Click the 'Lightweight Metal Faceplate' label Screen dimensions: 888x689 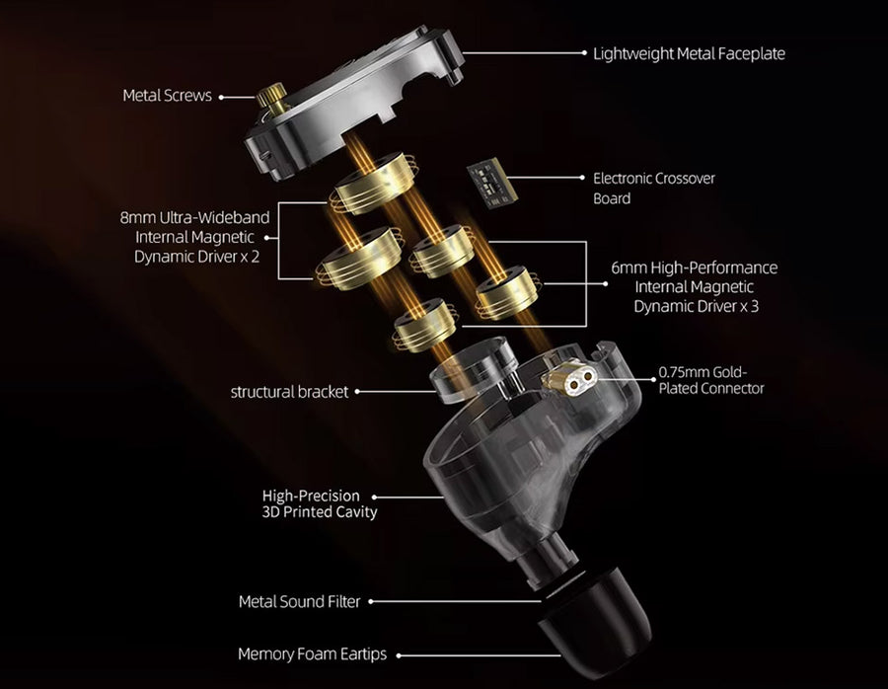(689, 54)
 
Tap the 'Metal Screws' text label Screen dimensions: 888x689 (167, 95)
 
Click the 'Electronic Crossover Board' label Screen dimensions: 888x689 (653, 189)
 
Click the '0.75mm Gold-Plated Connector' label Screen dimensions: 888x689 (711, 380)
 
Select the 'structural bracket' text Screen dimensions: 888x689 (289, 392)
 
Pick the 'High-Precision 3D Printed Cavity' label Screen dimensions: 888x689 (320, 504)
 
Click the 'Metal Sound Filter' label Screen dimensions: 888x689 (300, 601)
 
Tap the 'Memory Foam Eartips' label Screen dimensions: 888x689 (312, 654)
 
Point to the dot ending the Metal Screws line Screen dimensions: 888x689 (221, 98)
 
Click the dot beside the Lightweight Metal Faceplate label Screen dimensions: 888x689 (585, 53)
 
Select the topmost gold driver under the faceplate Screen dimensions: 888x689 (375, 183)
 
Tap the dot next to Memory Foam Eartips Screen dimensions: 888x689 (399, 655)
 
